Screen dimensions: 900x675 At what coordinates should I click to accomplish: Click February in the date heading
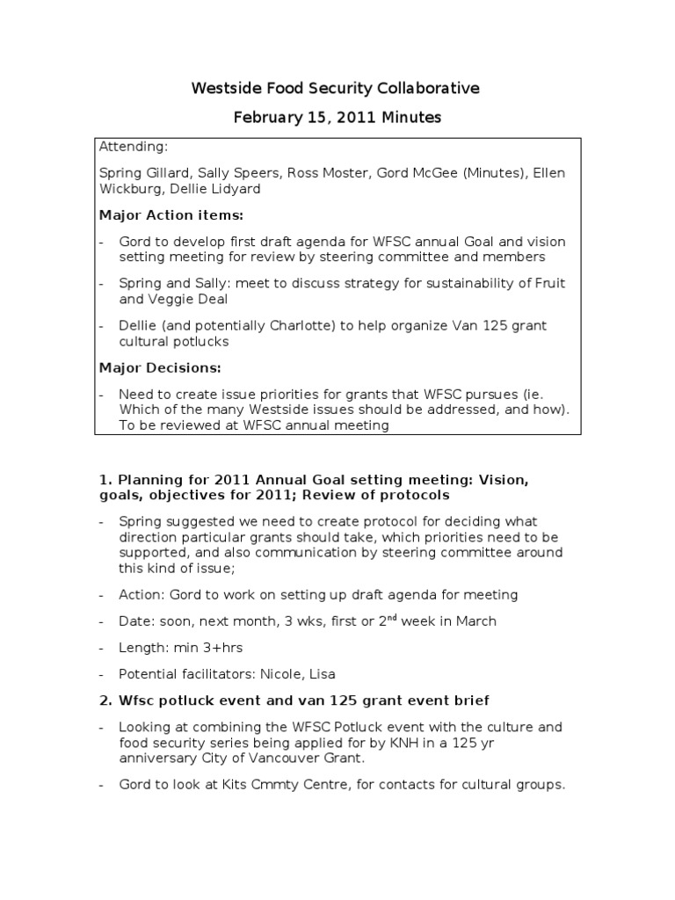267,118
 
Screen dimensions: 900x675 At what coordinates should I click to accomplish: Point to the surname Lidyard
234,188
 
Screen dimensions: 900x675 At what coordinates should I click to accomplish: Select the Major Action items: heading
171,214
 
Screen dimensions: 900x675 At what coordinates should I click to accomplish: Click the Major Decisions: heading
159,367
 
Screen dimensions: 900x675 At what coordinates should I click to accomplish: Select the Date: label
137,621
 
